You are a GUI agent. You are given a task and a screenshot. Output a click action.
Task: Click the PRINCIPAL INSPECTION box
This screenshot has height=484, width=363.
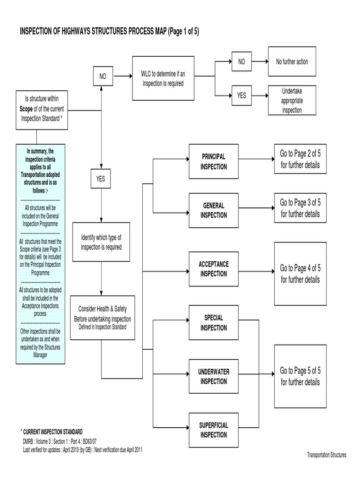(x=214, y=162)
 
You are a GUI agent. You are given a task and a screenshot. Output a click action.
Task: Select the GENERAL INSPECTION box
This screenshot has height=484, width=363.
(x=214, y=210)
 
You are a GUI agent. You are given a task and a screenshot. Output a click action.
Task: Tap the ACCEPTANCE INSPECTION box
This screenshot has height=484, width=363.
(x=214, y=269)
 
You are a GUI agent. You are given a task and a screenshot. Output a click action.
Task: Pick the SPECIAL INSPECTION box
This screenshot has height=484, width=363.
(x=214, y=323)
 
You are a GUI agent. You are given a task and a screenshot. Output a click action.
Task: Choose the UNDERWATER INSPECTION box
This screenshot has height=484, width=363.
(x=214, y=377)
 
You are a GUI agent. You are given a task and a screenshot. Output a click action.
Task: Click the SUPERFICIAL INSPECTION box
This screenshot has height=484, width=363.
(x=214, y=430)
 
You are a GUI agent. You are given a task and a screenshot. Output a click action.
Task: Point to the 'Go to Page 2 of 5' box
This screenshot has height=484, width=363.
(x=300, y=159)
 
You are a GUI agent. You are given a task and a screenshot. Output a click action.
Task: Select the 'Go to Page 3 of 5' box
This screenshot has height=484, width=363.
(x=300, y=208)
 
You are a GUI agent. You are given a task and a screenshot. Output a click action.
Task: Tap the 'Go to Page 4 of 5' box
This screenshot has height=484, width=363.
(x=300, y=274)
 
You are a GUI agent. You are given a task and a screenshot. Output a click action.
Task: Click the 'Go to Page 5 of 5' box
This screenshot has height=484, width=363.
(x=300, y=376)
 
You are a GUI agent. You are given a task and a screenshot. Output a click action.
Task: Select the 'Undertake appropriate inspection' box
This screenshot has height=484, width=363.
(x=292, y=101)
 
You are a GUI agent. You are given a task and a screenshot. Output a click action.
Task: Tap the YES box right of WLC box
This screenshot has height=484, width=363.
(x=242, y=95)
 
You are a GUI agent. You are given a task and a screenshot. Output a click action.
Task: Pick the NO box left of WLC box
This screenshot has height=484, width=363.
(x=103, y=76)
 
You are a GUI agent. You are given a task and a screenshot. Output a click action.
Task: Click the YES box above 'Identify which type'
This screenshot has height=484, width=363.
(x=101, y=179)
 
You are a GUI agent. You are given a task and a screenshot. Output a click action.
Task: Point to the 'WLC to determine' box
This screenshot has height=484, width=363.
(x=163, y=78)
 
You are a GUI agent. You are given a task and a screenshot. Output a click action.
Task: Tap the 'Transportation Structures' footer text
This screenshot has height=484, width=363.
(x=327, y=455)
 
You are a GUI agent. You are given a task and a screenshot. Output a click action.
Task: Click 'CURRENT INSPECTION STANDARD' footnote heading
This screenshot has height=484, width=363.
(x=53, y=432)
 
